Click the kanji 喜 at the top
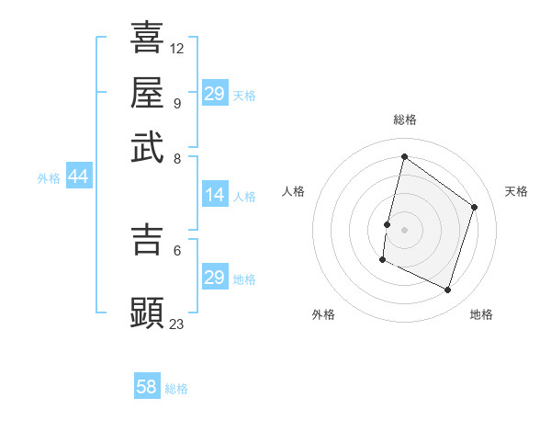tap(147, 38)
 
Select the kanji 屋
tap(147, 92)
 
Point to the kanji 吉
tap(147, 238)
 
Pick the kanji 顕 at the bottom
tap(147, 313)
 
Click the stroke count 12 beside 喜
tap(177, 48)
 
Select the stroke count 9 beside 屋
tap(176, 102)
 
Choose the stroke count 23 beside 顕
tap(177, 323)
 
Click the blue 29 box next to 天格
tap(215, 94)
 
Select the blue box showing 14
tap(215, 195)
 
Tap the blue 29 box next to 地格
tap(215, 278)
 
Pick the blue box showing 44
tap(78, 176)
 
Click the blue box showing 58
tap(147, 387)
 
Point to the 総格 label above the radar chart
tap(405, 119)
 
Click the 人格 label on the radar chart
tap(294, 191)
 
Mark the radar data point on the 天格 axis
tap(475, 207)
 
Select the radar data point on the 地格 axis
tap(448, 290)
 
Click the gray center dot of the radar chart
tap(405, 229)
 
